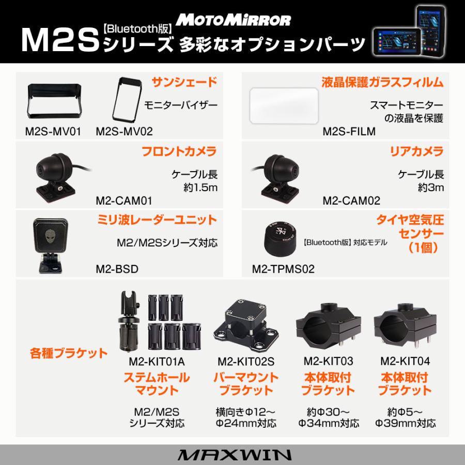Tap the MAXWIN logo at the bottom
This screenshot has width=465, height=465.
point(233,455)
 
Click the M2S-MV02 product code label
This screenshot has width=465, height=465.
point(125,131)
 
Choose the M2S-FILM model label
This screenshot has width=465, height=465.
point(349,131)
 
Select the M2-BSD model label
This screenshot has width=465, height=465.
point(117,269)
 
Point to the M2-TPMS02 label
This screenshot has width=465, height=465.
point(283,269)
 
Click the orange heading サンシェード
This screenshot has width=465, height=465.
point(183,82)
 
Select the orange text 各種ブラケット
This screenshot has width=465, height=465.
point(69,354)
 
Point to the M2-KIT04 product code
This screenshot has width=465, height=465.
point(405,361)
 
